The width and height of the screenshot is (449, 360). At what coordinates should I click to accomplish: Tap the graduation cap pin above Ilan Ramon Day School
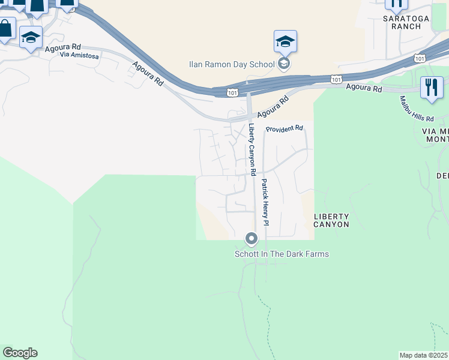pos(285,41)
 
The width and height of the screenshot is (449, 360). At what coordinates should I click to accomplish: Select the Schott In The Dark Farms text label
pos(282,254)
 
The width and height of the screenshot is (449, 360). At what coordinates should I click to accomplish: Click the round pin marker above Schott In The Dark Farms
pos(252,239)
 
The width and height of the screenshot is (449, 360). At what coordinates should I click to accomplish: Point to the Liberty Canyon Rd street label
pos(253,149)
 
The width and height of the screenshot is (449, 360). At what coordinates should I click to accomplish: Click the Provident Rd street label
pos(285,129)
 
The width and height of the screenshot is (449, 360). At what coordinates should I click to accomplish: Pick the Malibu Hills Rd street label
pos(417,109)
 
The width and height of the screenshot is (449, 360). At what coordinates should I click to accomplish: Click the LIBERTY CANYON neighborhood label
pos(331,220)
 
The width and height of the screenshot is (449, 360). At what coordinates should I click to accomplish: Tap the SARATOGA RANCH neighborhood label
pos(406,23)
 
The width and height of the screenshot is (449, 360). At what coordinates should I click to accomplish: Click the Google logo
pos(20,353)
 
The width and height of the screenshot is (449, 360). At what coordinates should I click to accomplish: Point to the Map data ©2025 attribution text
pos(424,355)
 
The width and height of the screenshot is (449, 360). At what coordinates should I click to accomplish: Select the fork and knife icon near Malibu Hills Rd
pos(431,88)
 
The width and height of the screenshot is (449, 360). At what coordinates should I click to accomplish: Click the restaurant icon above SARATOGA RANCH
pos(396,4)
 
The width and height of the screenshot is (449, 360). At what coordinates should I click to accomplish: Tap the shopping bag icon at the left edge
pos(5,29)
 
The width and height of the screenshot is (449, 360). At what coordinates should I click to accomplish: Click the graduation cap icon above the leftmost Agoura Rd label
pos(31,38)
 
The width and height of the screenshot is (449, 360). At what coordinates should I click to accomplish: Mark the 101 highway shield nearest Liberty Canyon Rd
pos(233,92)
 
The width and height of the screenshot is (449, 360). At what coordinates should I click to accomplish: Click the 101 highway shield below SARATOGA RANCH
pos(420,58)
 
